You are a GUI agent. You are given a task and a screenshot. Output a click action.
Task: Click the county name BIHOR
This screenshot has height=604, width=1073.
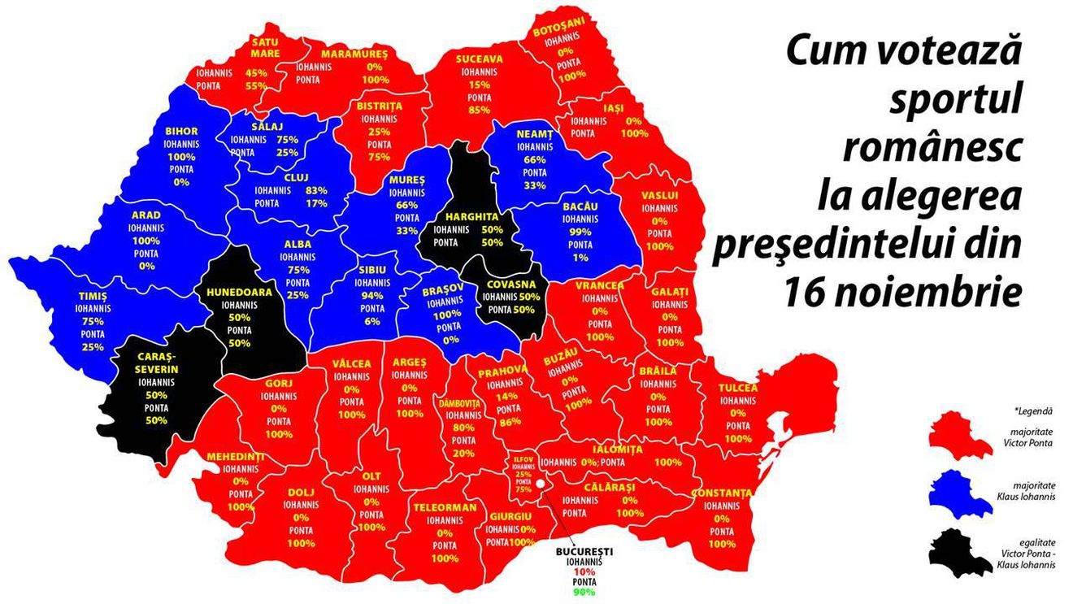pos(181,131)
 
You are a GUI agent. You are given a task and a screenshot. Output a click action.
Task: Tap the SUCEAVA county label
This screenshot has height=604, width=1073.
pos(479,59)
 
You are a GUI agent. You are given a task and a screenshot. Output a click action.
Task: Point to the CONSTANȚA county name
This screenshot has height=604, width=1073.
pos(721,493)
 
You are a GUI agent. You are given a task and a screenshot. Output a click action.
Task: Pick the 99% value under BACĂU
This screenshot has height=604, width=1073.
pos(580,232)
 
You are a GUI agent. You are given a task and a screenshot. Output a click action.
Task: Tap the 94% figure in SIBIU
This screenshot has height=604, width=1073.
pos(372,296)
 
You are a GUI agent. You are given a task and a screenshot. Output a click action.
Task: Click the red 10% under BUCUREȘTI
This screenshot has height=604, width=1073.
pos(579,572)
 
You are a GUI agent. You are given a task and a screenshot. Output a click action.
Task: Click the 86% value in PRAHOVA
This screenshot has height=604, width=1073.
pos(509,421)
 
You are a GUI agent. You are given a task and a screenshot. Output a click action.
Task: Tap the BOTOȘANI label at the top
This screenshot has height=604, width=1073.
pos(558,30)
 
